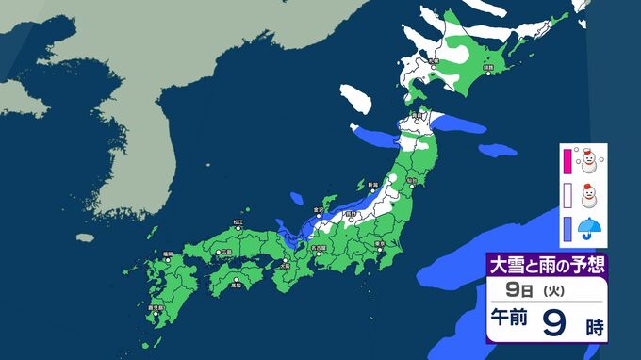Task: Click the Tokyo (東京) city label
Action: (x=377, y=242)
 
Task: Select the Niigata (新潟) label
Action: (x=372, y=184)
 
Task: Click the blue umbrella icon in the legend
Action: (x=591, y=227)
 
